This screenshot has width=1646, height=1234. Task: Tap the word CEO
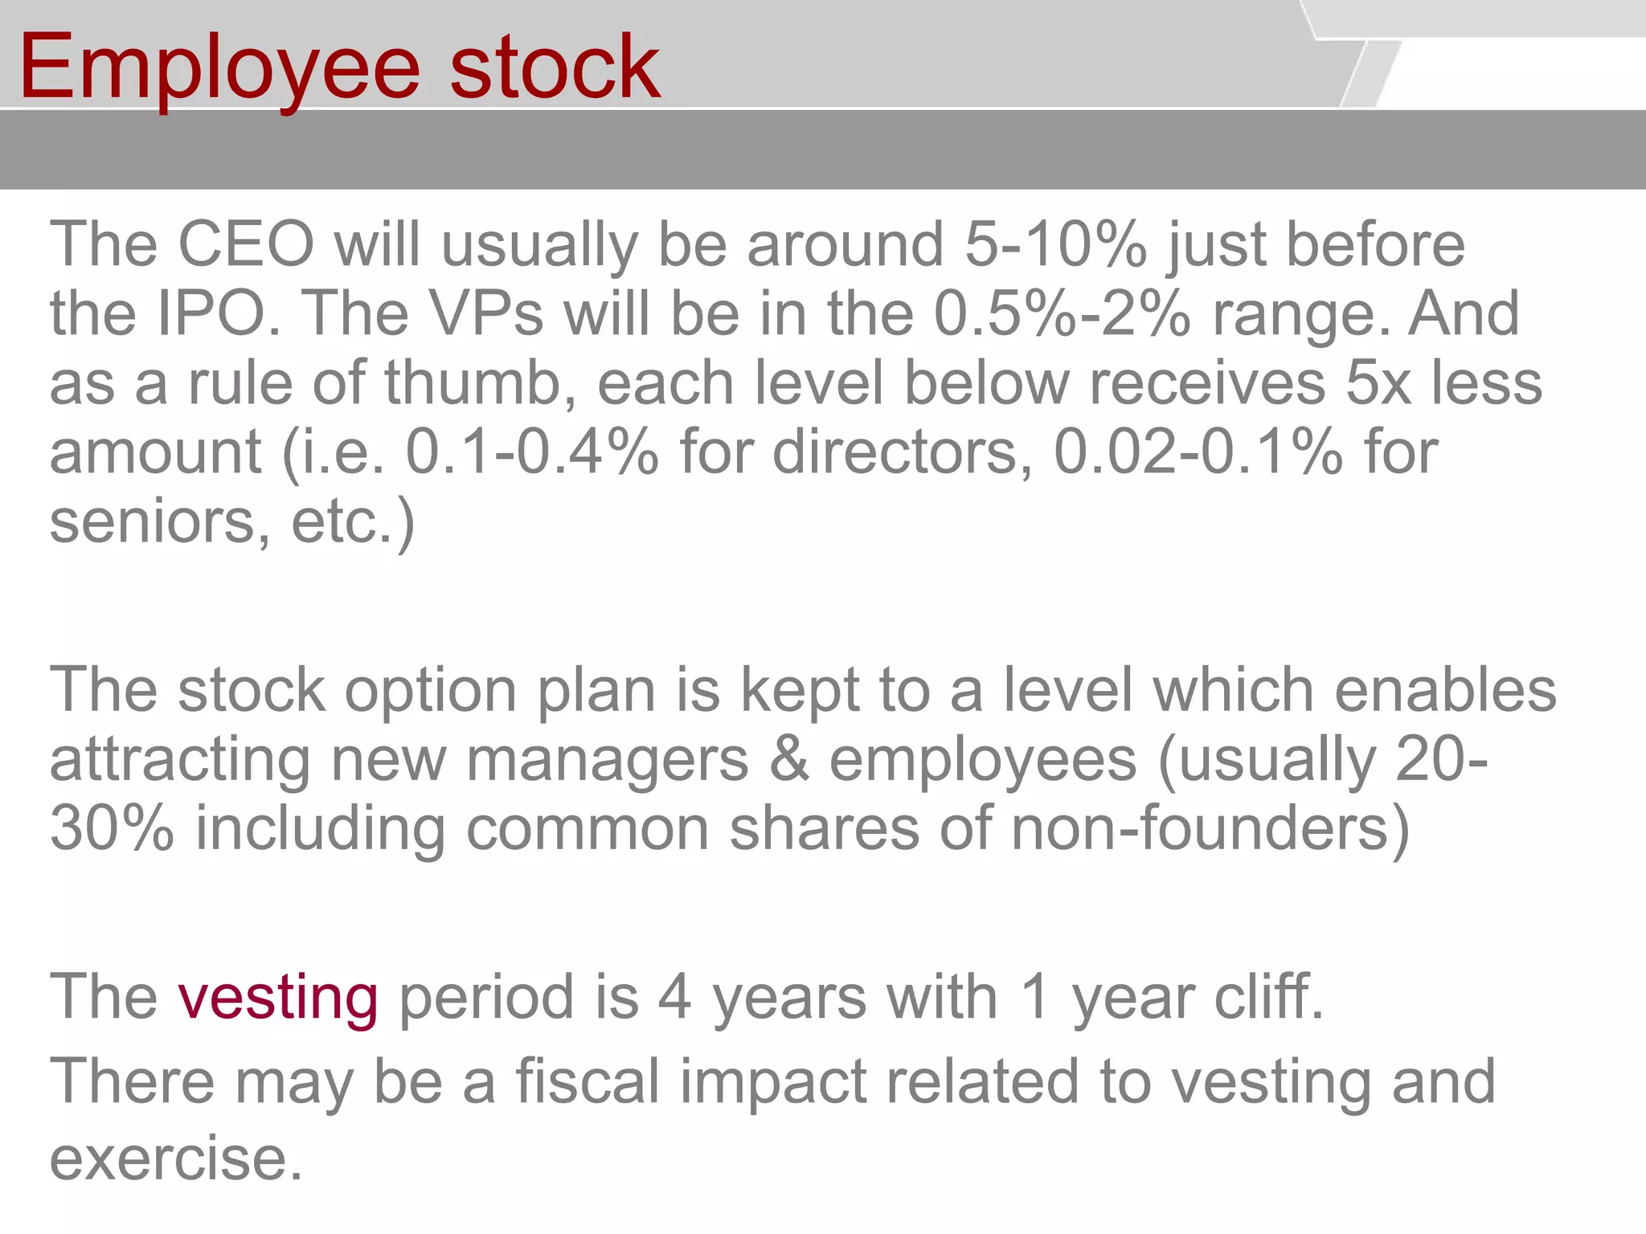(246, 244)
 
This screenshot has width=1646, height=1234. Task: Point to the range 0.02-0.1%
(1198, 452)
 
